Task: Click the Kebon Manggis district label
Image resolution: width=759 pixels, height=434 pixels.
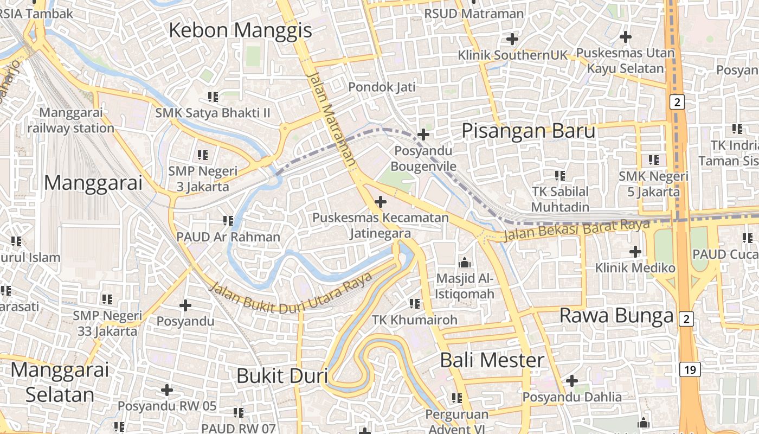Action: pyautogui.click(x=240, y=30)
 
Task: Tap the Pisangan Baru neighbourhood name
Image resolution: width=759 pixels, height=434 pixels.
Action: pyautogui.click(x=528, y=131)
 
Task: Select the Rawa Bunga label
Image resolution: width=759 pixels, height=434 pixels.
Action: pyautogui.click(x=616, y=316)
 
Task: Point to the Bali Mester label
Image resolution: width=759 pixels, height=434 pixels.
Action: pyautogui.click(x=492, y=360)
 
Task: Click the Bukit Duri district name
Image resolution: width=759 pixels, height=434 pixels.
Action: pyautogui.click(x=282, y=375)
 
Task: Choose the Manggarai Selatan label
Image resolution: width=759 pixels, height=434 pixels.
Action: pyautogui.click(x=60, y=382)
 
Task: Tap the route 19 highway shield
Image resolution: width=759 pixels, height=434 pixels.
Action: pyautogui.click(x=689, y=370)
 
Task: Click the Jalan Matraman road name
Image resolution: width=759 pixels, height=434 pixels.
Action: pyautogui.click(x=330, y=119)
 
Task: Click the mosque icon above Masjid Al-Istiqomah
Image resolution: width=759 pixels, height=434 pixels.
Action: pyautogui.click(x=465, y=263)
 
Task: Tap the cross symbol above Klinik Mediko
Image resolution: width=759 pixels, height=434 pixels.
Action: pyautogui.click(x=635, y=252)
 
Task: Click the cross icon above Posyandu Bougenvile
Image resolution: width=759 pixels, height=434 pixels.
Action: pyautogui.click(x=423, y=135)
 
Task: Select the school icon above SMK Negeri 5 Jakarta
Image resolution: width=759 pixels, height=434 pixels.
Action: pyautogui.click(x=654, y=160)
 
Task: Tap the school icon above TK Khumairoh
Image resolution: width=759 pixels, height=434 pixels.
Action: pyautogui.click(x=415, y=304)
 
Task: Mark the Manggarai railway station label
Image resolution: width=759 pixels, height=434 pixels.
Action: pyautogui.click(x=70, y=120)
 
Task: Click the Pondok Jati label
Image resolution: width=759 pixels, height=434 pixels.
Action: pyautogui.click(x=382, y=87)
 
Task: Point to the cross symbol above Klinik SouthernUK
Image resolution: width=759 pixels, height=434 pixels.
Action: pyautogui.click(x=512, y=39)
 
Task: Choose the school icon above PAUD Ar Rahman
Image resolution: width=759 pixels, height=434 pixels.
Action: pyautogui.click(x=228, y=221)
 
